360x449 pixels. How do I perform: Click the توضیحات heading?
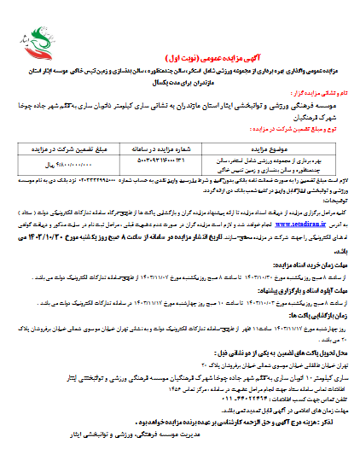pos(335,199)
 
